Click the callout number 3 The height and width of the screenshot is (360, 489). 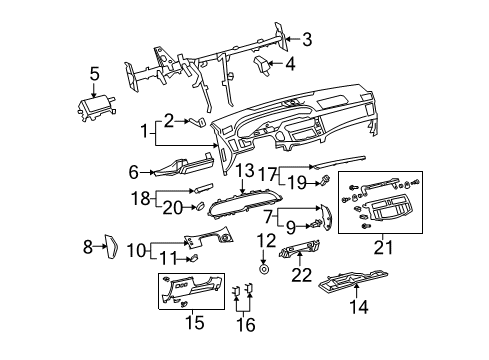[x=307, y=40]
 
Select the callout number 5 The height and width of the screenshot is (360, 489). [x=94, y=73]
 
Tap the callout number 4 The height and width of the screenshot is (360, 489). [x=289, y=66]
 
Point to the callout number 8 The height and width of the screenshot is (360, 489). [x=87, y=245]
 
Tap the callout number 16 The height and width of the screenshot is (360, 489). [x=242, y=325]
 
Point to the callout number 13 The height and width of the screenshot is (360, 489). [x=246, y=171]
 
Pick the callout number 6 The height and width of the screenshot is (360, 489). [x=133, y=171]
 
